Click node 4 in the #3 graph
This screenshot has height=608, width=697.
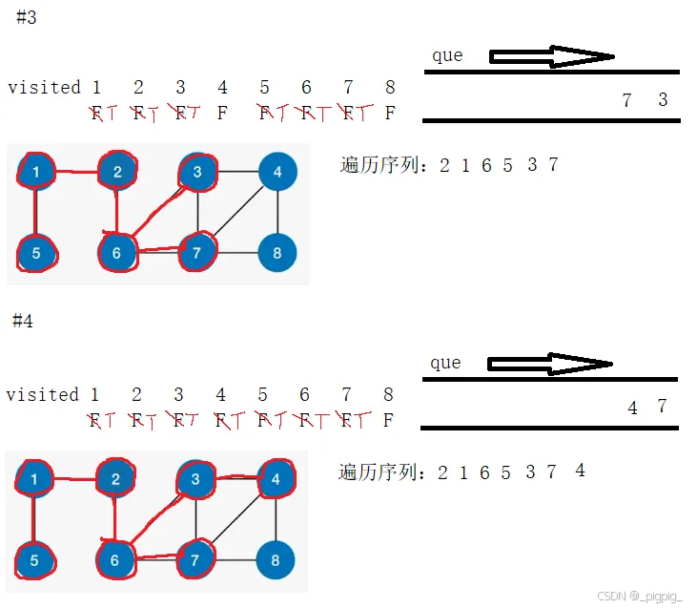[x=277, y=172]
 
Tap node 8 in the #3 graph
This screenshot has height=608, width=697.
[x=277, y=253]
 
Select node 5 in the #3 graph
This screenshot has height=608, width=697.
[x=36, y=254]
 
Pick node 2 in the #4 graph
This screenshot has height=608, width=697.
[x=115, y=479]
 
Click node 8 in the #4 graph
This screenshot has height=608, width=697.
[x=276, y=560]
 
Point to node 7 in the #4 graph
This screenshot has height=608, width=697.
[x=195, y=560]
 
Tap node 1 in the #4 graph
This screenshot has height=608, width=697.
[x=34, y=479]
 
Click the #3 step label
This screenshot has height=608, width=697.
[x=27, y=18]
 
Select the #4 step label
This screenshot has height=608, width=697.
[x=23, y=322]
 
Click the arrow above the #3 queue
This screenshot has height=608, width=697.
[x=552, y=57]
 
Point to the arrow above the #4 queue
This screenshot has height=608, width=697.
[x=549, y=364]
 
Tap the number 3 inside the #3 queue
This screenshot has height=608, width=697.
[x=663, y=100]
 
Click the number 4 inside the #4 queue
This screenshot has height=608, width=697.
[x=632, y=408]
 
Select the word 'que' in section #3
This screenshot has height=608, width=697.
[x=447, y=55]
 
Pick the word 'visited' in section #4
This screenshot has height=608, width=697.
[x=42, y=394]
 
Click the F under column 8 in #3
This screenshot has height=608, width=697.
[x=389, y=114]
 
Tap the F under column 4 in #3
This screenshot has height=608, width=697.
[x=222, y=114]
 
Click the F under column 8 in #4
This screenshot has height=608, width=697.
[x=388, y=420]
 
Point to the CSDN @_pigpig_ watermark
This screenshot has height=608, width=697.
[x=640, y=596]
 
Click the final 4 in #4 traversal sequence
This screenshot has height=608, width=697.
[x=580, y=471]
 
